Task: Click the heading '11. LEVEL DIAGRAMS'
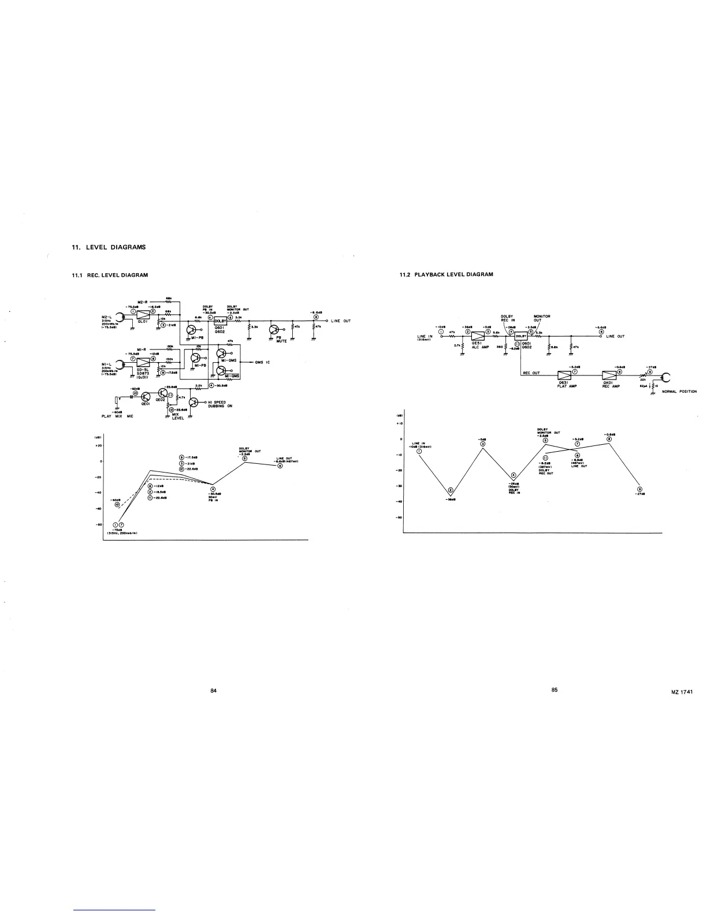pyautogui.click(x=109, y=247)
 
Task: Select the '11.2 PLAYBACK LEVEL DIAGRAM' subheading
pyautogui.click(x=446, y=274)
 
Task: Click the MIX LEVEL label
pyautogui.click(x=177, y=416)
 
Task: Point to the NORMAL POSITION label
pyautogui.click(x=679, y=392)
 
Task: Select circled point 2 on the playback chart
pyautogui.click(x=451, y=490)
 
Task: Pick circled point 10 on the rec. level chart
pyautogui.click(x=117, y=504)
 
